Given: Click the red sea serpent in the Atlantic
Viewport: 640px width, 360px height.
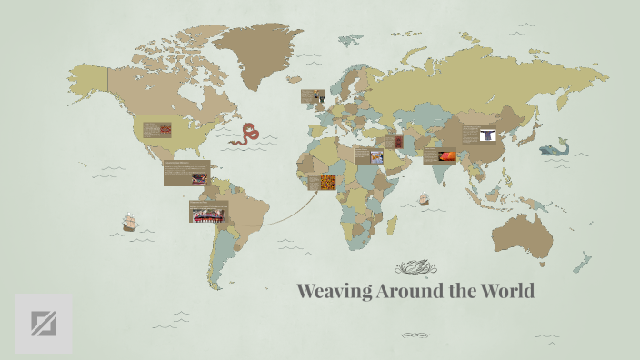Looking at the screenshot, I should (x=245, y=135).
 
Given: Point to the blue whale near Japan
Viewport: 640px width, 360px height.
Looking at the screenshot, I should (x=553, y=148).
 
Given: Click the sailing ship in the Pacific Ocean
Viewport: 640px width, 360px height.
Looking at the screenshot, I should (x=129, y=221).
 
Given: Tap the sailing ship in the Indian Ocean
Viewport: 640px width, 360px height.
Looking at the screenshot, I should (x=423, y=199).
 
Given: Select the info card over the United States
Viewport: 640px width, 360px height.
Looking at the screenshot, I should (x=156, y=130).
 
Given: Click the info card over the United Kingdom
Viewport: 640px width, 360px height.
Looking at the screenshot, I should (x=314, y=96).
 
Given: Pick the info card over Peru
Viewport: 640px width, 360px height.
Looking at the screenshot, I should (x=208, y=211).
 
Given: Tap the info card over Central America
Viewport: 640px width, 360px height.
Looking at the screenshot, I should (x=186, y=172).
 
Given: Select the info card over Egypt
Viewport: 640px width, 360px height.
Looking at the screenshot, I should (x=368, y=155).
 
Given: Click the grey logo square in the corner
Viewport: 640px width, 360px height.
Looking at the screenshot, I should (x=44, y=323).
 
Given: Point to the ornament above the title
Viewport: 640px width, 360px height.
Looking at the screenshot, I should (x=416, y=267).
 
